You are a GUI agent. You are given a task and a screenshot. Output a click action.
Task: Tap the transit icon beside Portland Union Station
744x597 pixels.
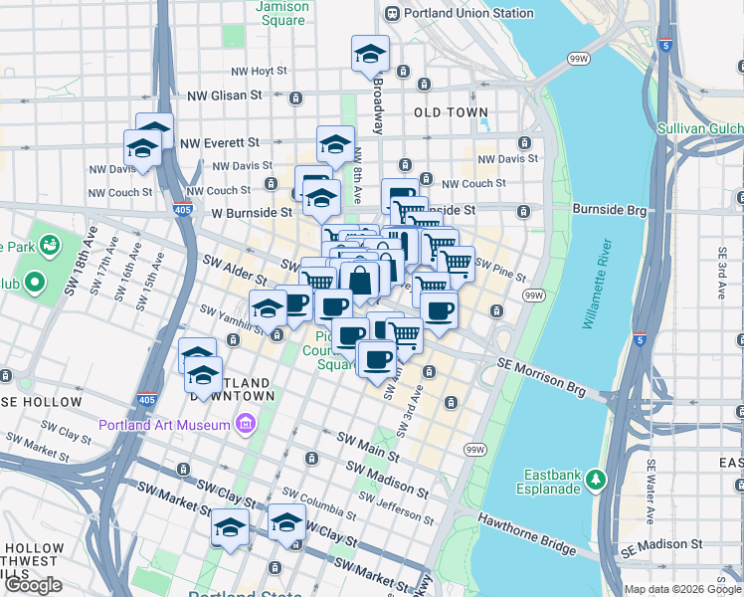[x=392, y=13]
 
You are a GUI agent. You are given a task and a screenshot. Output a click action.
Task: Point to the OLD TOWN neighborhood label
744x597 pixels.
[x=452, y=112]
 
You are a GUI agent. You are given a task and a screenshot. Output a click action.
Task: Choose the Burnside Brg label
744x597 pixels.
[x=608, y=210]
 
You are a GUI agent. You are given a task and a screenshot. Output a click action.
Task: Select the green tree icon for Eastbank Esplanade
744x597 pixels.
[x=595, y=480]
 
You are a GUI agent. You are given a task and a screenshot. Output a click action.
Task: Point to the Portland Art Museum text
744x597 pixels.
[x=165, y=426]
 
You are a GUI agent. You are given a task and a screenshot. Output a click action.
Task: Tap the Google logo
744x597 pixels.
[x=34, y=584]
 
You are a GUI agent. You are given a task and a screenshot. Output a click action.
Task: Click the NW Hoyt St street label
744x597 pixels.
[x=259, y=72]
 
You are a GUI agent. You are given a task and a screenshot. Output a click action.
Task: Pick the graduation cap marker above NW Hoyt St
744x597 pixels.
[x=370, y=54]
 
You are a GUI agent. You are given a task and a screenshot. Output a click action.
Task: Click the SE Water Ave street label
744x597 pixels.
[x=652, y=478]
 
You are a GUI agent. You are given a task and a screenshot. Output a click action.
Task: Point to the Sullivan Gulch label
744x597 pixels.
[x=700, y=129]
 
